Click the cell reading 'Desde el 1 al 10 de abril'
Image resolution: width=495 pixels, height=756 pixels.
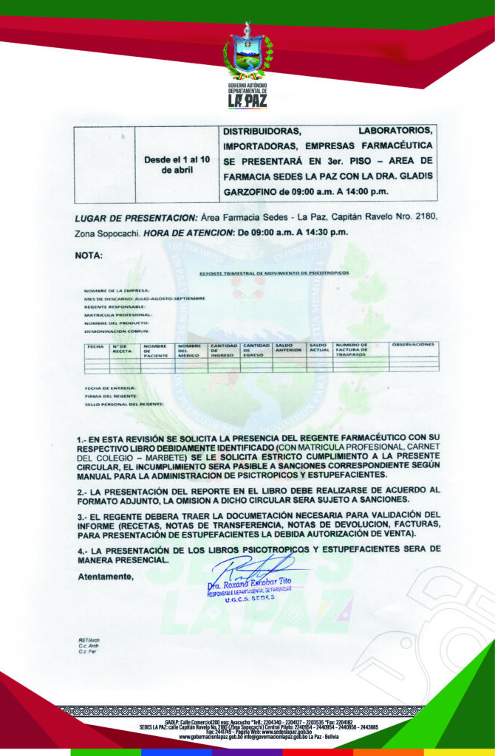click(177, 165)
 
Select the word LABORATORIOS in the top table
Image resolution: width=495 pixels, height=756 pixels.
click(397, 131)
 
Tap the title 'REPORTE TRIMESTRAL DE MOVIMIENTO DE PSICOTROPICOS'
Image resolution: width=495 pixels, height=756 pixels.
click(274, 273)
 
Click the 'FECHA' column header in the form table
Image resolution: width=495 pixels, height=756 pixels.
click(95, 346)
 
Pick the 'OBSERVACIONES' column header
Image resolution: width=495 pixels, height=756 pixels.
click(413, 345)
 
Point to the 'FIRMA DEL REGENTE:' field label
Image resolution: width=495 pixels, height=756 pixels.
click(110, 396)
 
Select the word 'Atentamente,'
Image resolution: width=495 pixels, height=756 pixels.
click(106, 577)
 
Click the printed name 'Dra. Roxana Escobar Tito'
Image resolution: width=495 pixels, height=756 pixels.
click(250, 583)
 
